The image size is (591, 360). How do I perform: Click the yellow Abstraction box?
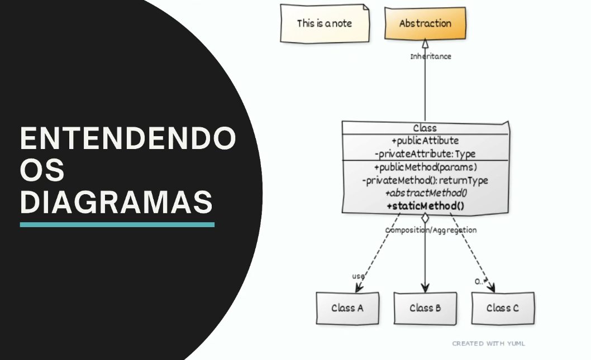click(425, 23)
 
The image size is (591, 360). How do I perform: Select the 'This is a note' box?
click(325, 23)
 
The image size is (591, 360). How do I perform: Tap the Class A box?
click(347, 308)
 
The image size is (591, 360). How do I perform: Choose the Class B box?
click(425, 308)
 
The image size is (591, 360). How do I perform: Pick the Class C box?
click(502, 308)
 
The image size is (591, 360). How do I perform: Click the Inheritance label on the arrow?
click(431, 56)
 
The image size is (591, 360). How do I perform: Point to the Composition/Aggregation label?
click(431, 230)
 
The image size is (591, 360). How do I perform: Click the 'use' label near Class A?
click(358, 276)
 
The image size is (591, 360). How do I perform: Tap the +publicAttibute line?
click(425, 141)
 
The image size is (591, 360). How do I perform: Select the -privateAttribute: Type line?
click(425, 153)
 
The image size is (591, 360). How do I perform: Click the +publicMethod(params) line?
click(425, 167)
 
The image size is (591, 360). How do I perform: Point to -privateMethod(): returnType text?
click(425, 180)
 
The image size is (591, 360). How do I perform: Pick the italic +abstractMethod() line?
click(425, 193)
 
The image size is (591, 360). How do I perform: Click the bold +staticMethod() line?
click(425, 206)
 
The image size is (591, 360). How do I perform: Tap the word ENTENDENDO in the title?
click(128, 140)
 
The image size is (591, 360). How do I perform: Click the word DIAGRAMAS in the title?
click(117, 202)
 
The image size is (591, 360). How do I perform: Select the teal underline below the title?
click(117, 224)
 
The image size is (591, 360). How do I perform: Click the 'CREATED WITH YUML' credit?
click(488, 344)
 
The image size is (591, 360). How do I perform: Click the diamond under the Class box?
click(425, 218)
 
